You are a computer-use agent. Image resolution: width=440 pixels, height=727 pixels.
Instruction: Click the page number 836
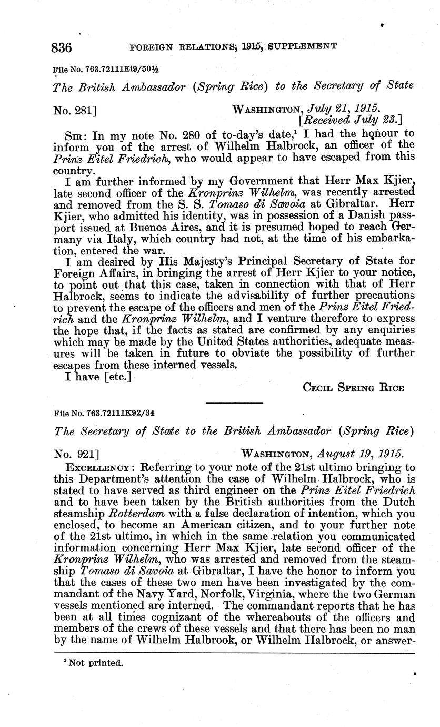pyautogui.click(x=62, y=47)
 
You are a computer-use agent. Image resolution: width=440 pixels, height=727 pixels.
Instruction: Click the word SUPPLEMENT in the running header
pyautogui.click(x=303, y=46)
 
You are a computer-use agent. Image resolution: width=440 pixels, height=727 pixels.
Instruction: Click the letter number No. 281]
pyautogui.click(x=75, y=111)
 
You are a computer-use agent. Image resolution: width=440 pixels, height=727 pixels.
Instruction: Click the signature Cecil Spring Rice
pyautogui.click(x=353, y=388)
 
